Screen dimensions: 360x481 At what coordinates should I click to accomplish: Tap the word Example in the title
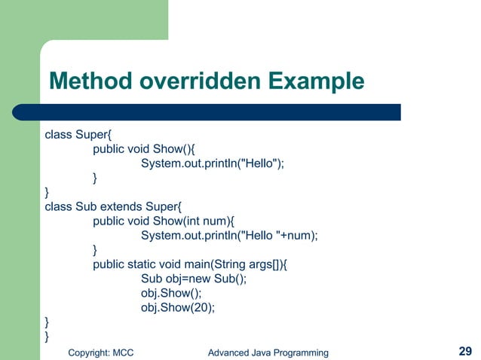point(317,81)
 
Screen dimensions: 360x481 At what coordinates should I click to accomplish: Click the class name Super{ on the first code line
point(93,136)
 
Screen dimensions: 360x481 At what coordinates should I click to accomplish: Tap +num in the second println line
point(301,235)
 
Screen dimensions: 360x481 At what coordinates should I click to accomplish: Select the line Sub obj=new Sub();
point(193,278)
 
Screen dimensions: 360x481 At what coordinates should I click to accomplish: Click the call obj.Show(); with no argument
point(170,292)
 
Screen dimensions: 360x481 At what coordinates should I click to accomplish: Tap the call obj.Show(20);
point(177,307)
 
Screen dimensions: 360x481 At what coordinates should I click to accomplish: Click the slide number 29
point(465,351)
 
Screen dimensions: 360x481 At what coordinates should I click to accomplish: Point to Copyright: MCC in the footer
point(100,352)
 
